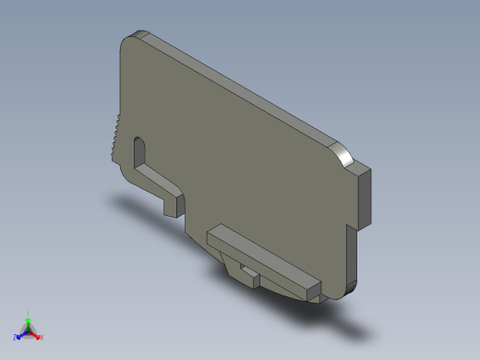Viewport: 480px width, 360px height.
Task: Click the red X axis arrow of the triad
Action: click(36, 334)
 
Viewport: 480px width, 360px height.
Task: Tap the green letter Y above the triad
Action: click(28, 313)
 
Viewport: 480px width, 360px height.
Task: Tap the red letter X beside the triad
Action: click(42, 337)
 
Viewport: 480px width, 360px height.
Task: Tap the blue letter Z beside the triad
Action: click(15, 337)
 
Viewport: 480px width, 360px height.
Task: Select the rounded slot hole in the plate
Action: click(140, 151)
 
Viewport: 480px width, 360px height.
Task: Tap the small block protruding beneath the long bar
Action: click(247, 271)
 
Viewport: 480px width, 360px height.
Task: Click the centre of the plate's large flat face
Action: click(240, 166)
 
